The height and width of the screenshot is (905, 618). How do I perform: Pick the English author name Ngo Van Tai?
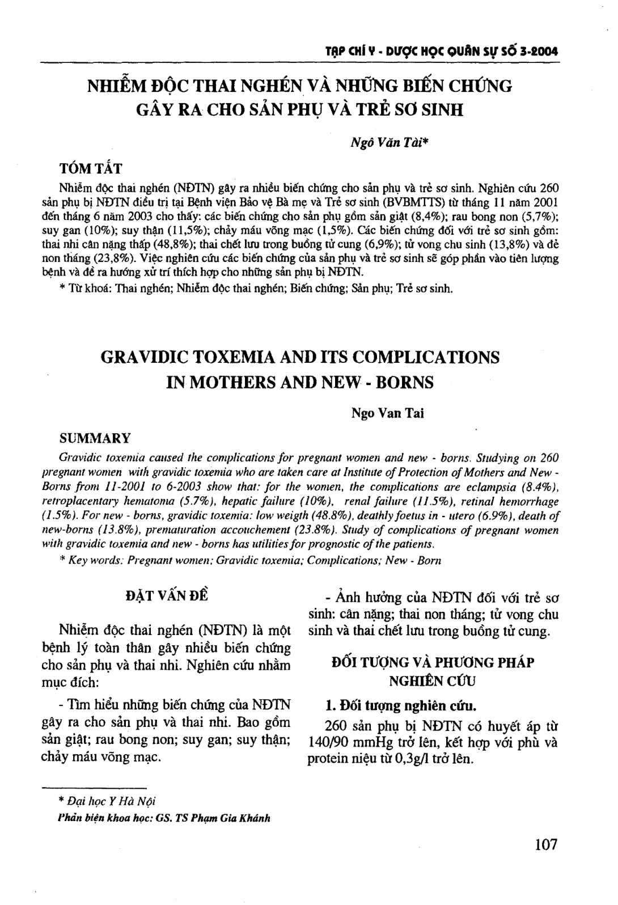coord(388,413)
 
